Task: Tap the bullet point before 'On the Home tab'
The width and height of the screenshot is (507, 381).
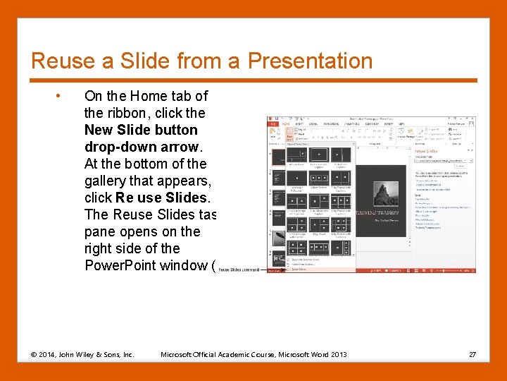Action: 63,96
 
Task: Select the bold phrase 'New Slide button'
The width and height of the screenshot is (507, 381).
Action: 141,130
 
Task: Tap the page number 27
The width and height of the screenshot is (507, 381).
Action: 472,354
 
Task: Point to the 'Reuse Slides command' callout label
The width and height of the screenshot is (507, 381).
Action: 239,270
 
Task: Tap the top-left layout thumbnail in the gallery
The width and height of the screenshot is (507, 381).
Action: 280,156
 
